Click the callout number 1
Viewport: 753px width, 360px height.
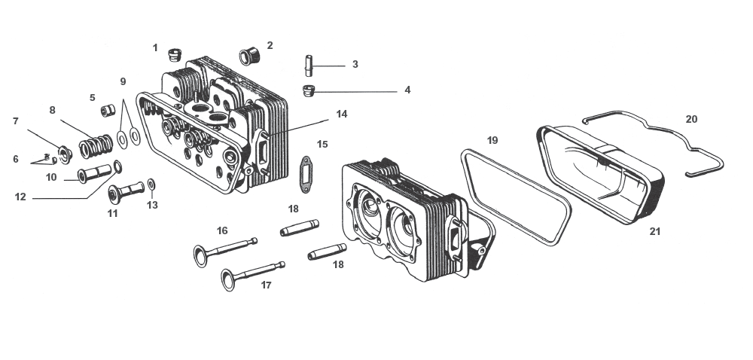pos(155,47)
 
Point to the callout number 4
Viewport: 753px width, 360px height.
pos(407,90)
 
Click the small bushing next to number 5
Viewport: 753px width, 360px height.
pos(107,111)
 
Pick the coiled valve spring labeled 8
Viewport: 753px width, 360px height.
pos(96,143)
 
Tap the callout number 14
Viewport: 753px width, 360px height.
pos(342,114)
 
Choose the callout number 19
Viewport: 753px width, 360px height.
pos(492,140)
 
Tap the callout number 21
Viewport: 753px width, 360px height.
pos(654,231)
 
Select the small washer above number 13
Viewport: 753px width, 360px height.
pos(151,185)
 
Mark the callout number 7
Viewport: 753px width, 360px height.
pos(15,121)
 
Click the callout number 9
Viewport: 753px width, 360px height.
pos(123,81)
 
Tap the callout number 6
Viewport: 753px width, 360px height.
pos(15,159)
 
